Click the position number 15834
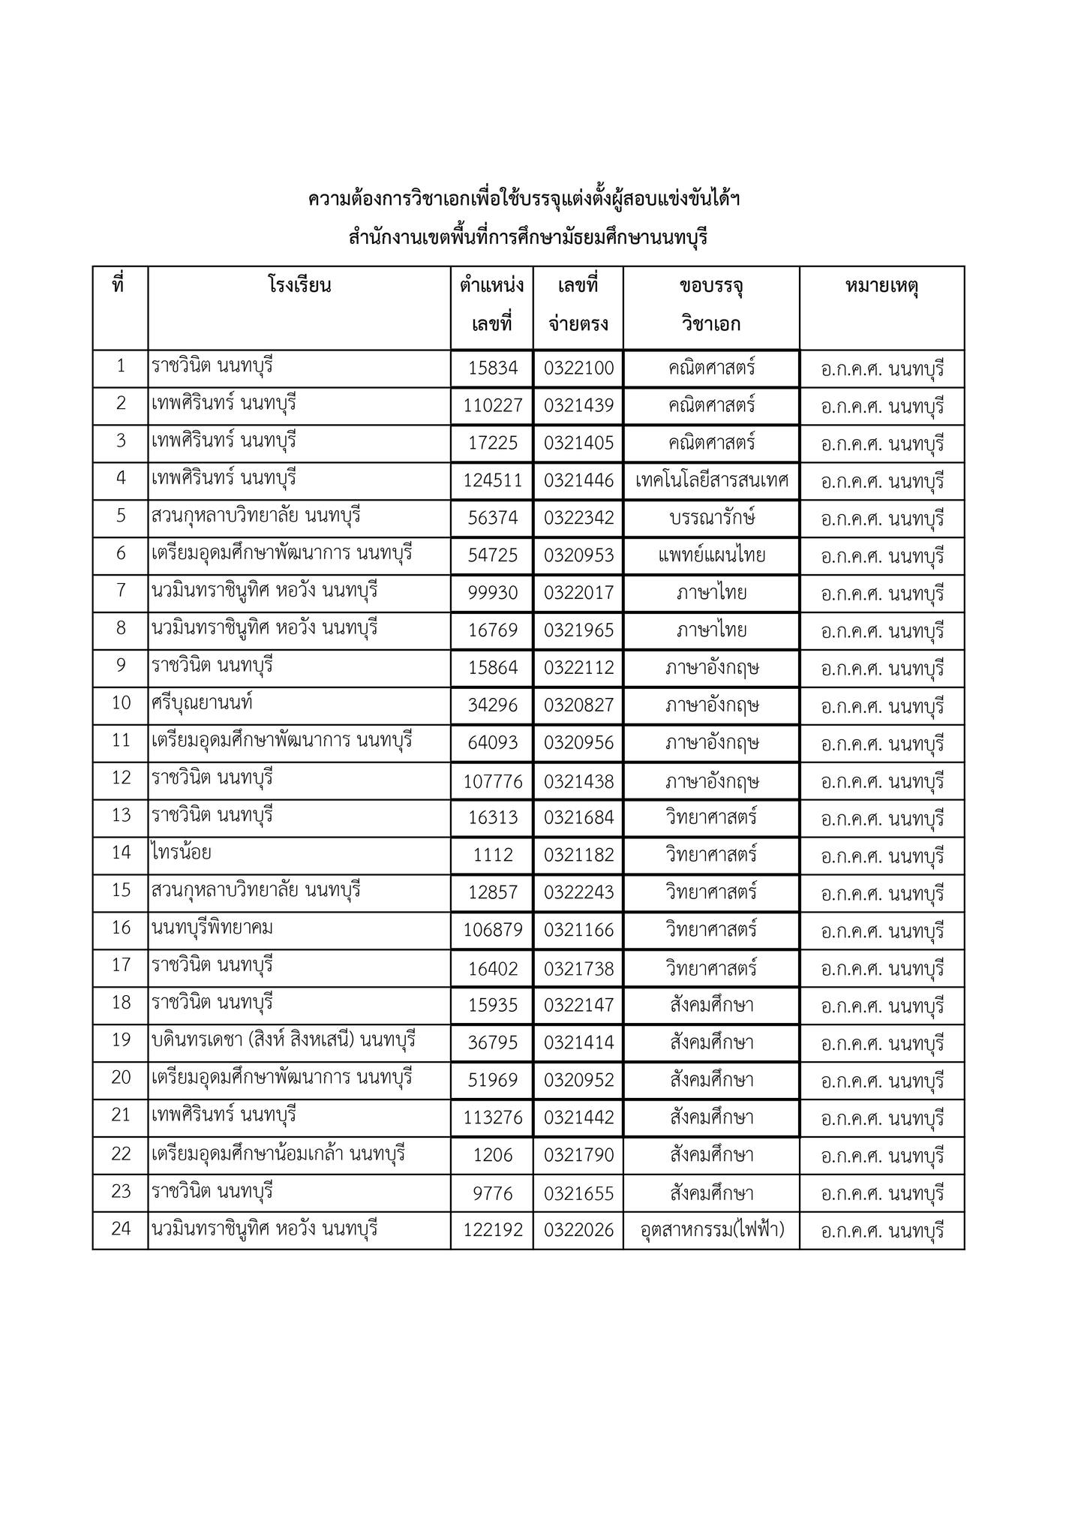492,368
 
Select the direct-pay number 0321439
578,406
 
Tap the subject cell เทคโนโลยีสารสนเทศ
711,480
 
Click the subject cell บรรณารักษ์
711,518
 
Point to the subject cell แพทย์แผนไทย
711,555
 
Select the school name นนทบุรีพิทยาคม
212,928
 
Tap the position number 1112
492,856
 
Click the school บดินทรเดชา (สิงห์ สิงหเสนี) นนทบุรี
284,1041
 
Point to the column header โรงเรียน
299,286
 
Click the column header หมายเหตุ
881,286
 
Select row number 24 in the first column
121,1229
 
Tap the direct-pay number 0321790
578,1156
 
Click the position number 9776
492,1193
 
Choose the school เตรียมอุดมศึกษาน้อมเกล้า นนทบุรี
278,1154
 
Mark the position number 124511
492,480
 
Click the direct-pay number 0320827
578,705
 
